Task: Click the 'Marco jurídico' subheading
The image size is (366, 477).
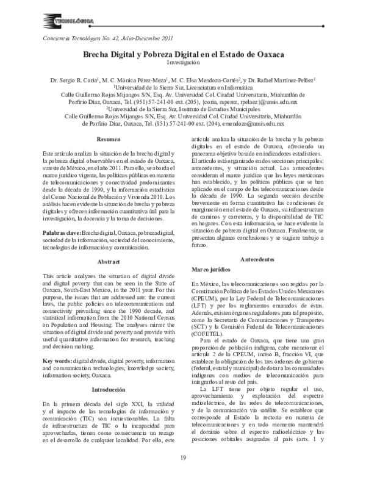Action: (x=213, y=268)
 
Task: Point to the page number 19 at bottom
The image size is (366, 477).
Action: (x=183, y=459)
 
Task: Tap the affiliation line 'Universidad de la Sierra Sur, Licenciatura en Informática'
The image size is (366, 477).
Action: (x=184, y=87)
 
